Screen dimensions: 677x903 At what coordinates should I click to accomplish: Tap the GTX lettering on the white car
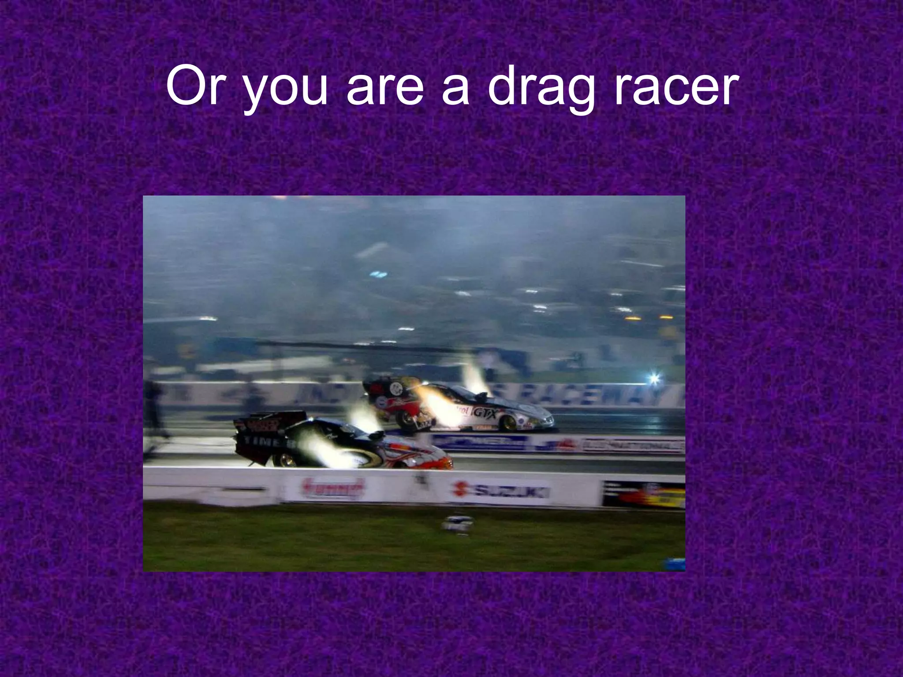[x=485, y=413]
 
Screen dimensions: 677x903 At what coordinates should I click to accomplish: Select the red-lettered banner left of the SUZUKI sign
[x=333, y=489]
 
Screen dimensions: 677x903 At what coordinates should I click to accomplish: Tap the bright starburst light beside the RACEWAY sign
[x=654, y=378]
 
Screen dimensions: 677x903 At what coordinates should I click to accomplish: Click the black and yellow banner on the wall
[x=643, y=495]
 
